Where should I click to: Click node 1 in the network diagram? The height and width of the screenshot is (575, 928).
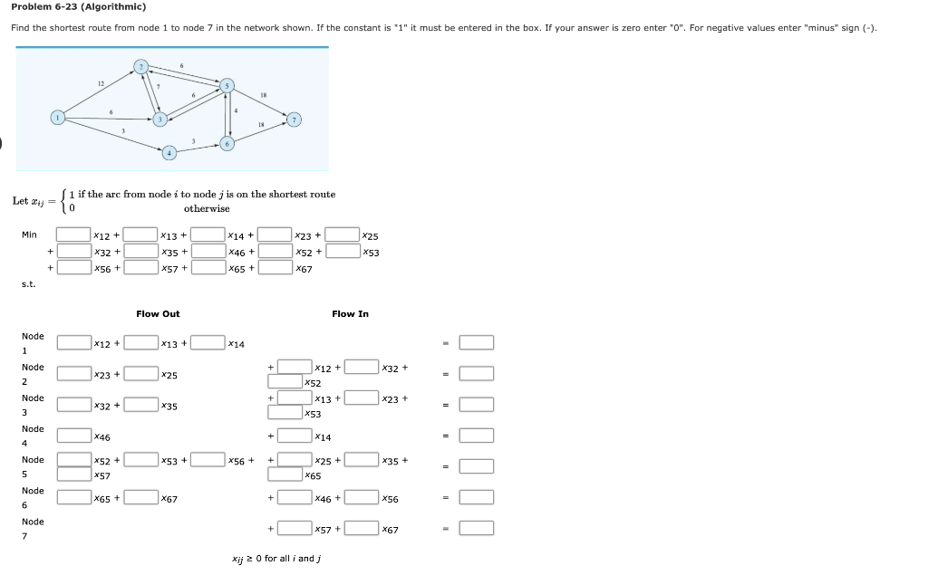point(58,117)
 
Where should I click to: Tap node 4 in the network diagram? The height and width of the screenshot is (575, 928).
point(169,152)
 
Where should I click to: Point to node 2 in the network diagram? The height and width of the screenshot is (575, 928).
point(140,66)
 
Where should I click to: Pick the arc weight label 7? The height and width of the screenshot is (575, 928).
point(158,87)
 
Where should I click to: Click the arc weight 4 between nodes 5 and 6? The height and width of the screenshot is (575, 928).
point(236,111)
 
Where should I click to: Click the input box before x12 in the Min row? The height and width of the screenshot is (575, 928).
point(73,235)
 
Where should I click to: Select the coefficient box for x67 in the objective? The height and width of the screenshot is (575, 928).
point(275,267)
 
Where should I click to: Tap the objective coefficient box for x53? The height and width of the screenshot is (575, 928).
point(342,252)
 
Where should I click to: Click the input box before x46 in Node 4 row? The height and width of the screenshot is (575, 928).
point(73,436)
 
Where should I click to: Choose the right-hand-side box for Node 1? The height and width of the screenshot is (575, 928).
point(476,342)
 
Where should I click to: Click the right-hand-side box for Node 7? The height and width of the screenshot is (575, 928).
point(476,528)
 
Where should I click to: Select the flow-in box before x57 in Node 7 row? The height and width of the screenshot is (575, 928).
point(295,528)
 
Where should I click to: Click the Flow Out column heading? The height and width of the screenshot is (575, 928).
point(158,314)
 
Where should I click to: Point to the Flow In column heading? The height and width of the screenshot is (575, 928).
point(350,314)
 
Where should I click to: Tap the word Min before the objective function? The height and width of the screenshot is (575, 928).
point(29,235)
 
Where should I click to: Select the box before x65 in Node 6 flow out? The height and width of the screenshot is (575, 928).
point(73,497)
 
